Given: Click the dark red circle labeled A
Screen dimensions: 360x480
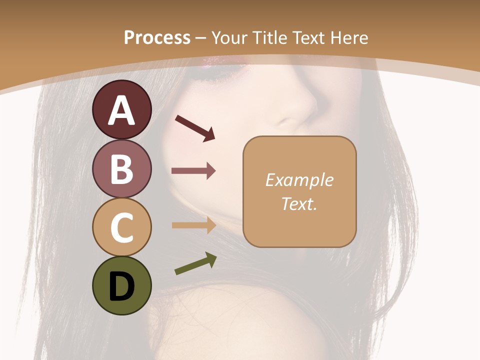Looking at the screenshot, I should tap(121, 110).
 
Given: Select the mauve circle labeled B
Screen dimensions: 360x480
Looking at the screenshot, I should tap(121, 168).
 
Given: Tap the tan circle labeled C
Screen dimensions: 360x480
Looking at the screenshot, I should tap(121, 227).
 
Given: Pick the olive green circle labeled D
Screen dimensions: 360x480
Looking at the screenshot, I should tap(121, 286).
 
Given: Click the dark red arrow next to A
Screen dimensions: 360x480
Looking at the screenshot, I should tap(195, 128).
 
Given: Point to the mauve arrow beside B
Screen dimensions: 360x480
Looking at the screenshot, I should tap(193, 171).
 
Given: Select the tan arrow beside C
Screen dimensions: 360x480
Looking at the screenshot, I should tap(193, 225).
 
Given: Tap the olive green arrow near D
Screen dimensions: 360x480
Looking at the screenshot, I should tap(195, 264).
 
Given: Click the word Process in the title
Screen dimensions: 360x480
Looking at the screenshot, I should tap(157, 37).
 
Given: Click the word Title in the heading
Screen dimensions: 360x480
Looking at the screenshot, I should tap(270, 37).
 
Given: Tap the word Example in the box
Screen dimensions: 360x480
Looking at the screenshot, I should tap(299, 180).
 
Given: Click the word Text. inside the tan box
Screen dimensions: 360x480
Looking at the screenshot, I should tap(299, 203).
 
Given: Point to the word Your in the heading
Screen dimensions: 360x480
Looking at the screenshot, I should tap(229, 37).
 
